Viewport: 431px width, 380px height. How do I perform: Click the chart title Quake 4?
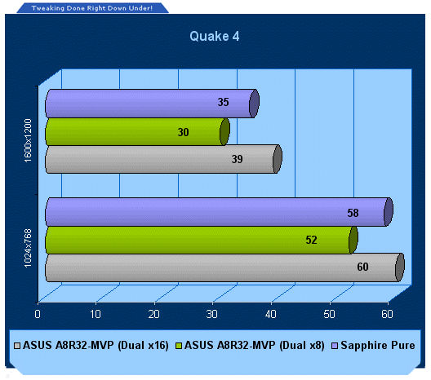coord(215,36)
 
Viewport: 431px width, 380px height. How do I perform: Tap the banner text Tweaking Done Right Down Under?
coord(92,8)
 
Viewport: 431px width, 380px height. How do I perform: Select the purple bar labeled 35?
coord(152,104)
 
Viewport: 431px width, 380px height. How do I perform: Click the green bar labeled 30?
coord(137,132)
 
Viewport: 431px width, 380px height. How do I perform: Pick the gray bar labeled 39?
coord(163,159)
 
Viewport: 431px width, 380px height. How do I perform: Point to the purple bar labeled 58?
coord(219,212)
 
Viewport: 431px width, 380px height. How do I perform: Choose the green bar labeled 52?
coord(202,241)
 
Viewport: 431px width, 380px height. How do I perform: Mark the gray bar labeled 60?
coord(224,267)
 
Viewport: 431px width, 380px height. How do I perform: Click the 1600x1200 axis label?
coord(28,140)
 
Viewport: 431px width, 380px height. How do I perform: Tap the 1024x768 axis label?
coord(28,248)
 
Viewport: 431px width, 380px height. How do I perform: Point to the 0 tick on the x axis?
coord(38,314)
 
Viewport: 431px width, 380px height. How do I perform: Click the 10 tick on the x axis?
coord(96,314)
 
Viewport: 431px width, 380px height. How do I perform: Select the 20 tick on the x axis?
coord(154,314)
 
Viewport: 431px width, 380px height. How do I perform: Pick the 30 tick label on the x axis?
coord(212,314)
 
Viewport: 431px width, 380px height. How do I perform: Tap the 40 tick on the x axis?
coord(271,314)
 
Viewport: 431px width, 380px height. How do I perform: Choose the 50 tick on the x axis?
coord(329,314)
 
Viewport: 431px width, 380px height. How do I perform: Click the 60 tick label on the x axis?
coord(387,314)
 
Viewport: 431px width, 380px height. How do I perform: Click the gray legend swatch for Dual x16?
coord(17,346)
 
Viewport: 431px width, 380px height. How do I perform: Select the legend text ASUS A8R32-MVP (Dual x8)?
coord(255,346)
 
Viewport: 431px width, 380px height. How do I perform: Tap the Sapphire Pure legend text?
coord(378,346)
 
